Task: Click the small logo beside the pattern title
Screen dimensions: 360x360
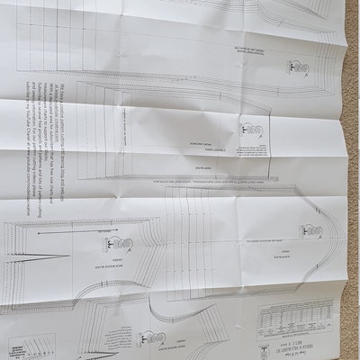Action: click(263, 342)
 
